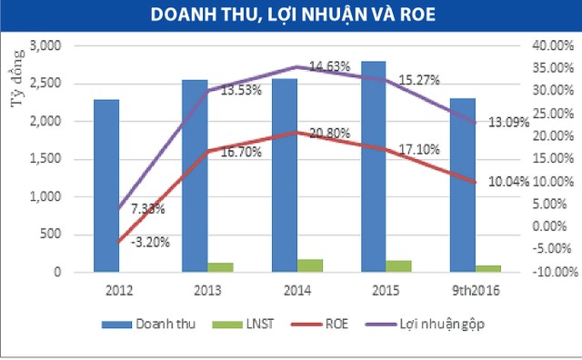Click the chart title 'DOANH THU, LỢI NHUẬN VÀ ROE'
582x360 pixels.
point(291,16)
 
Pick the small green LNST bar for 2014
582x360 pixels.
point(310,265)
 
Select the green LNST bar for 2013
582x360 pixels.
point(221,267)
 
